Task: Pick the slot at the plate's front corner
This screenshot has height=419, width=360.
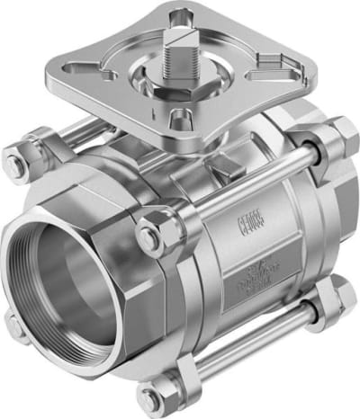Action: coord(181,117)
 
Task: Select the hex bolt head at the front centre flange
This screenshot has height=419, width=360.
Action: coord(151,236)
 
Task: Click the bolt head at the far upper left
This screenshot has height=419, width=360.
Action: coord(15,165)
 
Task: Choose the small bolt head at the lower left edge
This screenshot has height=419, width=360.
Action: coord(12,325)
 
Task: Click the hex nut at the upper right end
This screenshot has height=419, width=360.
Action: coord(341,136)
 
